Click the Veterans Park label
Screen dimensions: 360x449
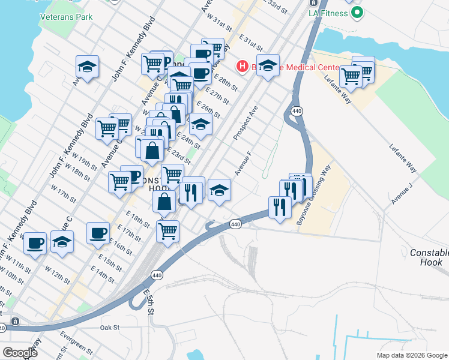pyautogui.click(x=67, y=17)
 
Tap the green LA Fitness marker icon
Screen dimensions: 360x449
pyautogui.click(x=357, y=11)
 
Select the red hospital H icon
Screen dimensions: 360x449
pyautogui.click(x=243, y=66)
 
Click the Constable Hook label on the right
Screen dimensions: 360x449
pyautogui.click(x=426, y=257)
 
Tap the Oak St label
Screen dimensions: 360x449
pyautogui.click(x=110, y=328)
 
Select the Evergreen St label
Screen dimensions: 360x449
pyautogui.click(x=76, y=344)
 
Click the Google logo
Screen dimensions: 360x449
pyautogui.click(x=20, y=352)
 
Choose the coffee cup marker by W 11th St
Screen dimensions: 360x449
pyautogui.click(x=35, y=243)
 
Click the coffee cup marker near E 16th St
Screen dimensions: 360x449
pyautogui.click(x=98, y=233)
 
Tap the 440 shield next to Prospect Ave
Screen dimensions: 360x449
pyautogui.click(x=297, y=112)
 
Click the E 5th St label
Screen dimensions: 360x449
pyautogui.click(x=149, y=302)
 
